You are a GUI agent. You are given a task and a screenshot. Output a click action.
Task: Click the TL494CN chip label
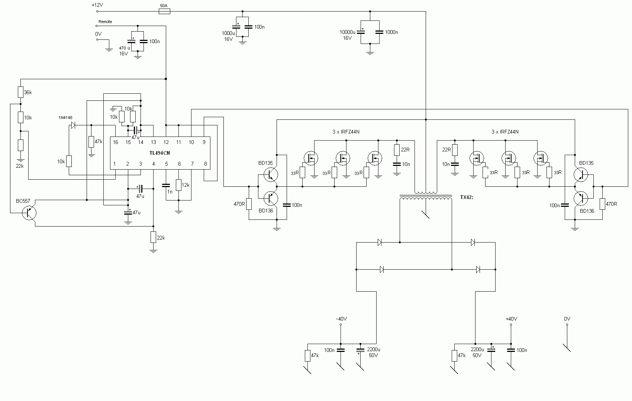pyautogui.click(x=159, y=153)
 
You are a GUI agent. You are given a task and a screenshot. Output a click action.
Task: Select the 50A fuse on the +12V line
pyautogui.click(x=164, y=11)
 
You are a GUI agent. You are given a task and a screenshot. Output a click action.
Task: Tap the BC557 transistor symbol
pyautogui.click(x=29, y=213)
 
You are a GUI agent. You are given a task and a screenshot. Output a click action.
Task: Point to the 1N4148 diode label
pyautogui.click(x=65, y=118)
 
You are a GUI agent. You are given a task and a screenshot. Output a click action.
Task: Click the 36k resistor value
pyautogui.click(x=28, y=92)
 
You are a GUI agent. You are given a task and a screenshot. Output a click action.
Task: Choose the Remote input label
pyautogui.click(x=105, y=22)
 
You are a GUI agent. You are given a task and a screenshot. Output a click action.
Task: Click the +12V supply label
pyautogui.click(x=97, y=5)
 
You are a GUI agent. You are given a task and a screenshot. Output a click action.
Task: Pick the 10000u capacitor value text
pyautogui.click(x=347, y=32)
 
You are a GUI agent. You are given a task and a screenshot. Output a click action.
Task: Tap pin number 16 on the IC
pyautogui.click(x=115, y=142)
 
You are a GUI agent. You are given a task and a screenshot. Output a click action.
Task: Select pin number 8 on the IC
pyautogui.click(x=205, y=164)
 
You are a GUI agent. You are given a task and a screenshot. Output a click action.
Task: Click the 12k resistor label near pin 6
pyautogui.click(x=186, y=185)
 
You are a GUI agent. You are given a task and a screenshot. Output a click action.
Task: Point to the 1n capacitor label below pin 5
pyautogui.click(x=170, y=192)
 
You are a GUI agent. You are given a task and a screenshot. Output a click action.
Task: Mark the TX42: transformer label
pyautogui.click(x=467, y=198)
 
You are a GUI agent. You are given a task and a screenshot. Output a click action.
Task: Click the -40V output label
pyautogui.click(x=341, y=319)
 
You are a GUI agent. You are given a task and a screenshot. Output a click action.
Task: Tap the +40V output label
pyautogui.click(x=511, y=319)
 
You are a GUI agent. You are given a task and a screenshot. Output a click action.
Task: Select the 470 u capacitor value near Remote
pyautogui.click(x=125, y=48)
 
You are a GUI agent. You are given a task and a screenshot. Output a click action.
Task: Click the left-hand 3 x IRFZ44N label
pyautogui.click(x=346, y=132)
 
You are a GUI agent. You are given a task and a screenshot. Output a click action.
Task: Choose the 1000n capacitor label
pyautogui.click(x=391, y=32)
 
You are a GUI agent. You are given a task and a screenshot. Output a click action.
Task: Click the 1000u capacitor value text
pyautogui.click(x=228, y=33)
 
